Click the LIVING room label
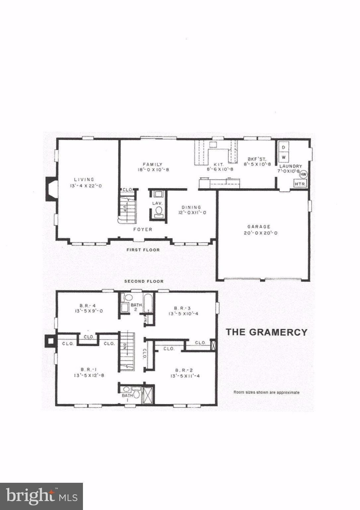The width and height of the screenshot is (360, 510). [x=84, y=180]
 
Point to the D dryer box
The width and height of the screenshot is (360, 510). [x=284, y=146]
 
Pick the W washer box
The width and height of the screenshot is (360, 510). [x=284, y=156]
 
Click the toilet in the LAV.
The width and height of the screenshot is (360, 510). [x=159, y=211]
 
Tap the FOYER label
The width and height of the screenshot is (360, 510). [x=143, y=229]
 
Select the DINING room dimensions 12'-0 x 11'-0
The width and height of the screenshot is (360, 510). [x=191, y=212]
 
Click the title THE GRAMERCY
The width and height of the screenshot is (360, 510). [x=266, y=332]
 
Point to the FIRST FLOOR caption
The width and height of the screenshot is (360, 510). [x=143, y=250]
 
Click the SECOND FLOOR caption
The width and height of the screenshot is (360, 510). [x=144, y=281]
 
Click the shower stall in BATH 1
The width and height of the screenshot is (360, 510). [x=147, y=395]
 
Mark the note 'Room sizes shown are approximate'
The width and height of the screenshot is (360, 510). [x=266, y=392]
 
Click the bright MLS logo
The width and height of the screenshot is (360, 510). [x=41, y=496]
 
